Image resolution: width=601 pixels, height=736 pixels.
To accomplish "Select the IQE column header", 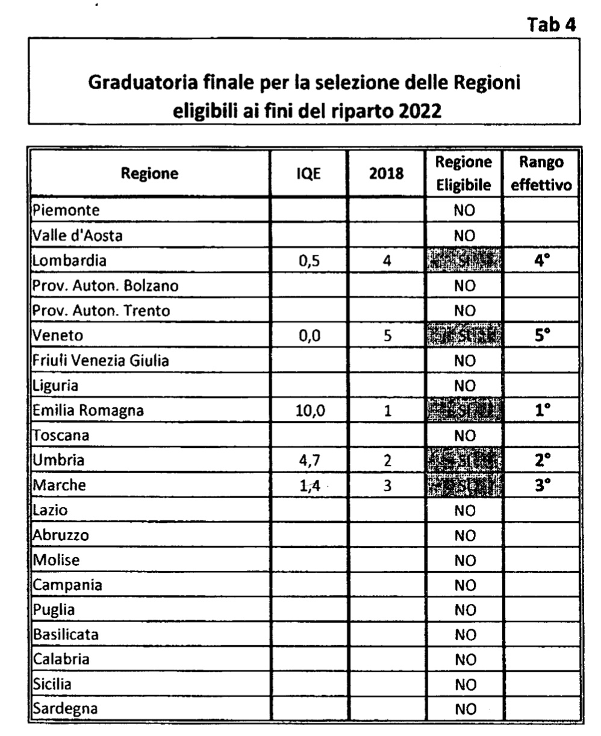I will [x=308, y=174].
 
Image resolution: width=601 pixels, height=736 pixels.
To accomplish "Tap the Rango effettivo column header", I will [x=541, y=174].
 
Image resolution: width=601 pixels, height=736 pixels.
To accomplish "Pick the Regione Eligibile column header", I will [x=463, y=174].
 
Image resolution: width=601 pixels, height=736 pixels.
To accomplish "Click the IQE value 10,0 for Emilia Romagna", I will [x=308, y=411].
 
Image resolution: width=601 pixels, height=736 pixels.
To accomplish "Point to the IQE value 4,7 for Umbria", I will [x=308, y=461].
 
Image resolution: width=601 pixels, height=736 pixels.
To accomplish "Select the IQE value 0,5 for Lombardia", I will [x=308, y=261].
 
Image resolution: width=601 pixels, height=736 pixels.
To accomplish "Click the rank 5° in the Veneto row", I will [x=542, y=335].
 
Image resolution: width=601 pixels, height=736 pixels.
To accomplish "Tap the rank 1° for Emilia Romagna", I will [x=542, y=411].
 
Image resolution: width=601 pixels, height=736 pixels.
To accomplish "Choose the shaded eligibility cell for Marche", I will [x=463, y=485].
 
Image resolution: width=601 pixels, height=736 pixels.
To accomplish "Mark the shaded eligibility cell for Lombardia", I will [x=463, y=261].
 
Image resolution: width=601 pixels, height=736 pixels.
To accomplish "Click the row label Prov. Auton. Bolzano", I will [x=106, y=286].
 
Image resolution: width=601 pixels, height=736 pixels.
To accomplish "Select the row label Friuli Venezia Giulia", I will [x=101, y=361].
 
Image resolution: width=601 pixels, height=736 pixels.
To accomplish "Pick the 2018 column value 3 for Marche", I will [x=387, y=485].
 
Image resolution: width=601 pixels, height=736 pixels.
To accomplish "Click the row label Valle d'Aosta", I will [x=78, y=236].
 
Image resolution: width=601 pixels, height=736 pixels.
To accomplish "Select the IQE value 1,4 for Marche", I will [x=308, y=485].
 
